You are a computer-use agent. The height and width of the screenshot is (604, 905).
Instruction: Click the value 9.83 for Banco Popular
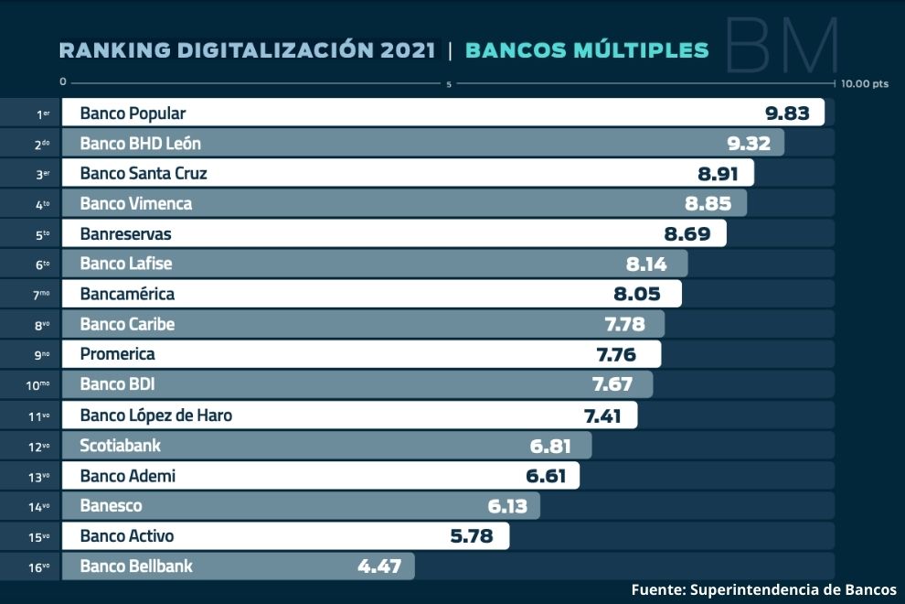coord(787,113)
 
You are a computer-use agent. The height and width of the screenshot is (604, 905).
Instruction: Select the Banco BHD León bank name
coord(140,144)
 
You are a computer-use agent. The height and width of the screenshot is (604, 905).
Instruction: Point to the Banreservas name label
coord(125,234)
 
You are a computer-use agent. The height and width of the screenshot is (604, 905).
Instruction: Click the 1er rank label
coord(42,114)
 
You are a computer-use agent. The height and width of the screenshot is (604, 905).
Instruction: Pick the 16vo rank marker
coord(38,567)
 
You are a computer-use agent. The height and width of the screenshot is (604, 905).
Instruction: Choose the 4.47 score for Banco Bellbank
coord(379,566)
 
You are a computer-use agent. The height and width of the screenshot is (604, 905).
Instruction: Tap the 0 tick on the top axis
coord(62,82)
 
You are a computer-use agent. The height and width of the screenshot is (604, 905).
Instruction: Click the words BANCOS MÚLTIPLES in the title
coord(587,50)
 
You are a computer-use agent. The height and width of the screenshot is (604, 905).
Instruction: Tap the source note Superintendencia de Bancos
coord(793,590)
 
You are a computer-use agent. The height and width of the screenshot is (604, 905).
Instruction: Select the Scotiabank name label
coord(120,446)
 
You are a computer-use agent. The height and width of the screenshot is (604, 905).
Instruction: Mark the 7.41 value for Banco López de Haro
coord(602,415)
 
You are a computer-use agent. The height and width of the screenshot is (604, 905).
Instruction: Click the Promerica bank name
coord(117,354)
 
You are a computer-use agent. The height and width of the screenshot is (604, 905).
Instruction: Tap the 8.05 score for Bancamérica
coord(647,295)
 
